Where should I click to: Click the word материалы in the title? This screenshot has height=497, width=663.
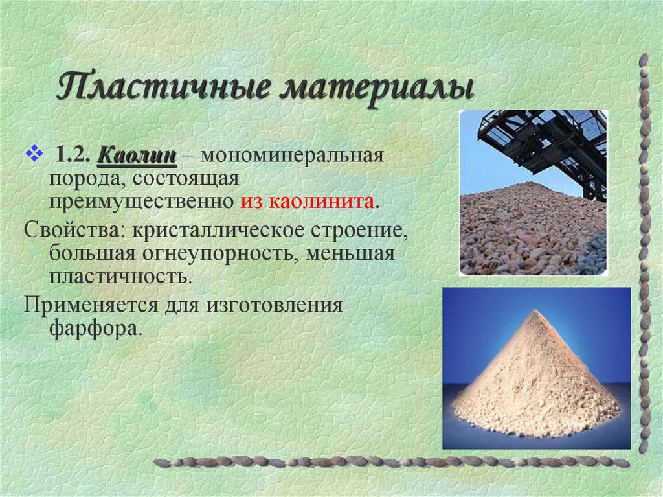(x=376, y=87)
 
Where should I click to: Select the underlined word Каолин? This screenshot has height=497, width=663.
(x=137, y=156)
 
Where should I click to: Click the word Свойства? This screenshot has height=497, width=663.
(x=74, y=230)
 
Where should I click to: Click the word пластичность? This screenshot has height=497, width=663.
(x=120, y=277)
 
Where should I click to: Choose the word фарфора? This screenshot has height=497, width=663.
(x=94, y=327)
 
